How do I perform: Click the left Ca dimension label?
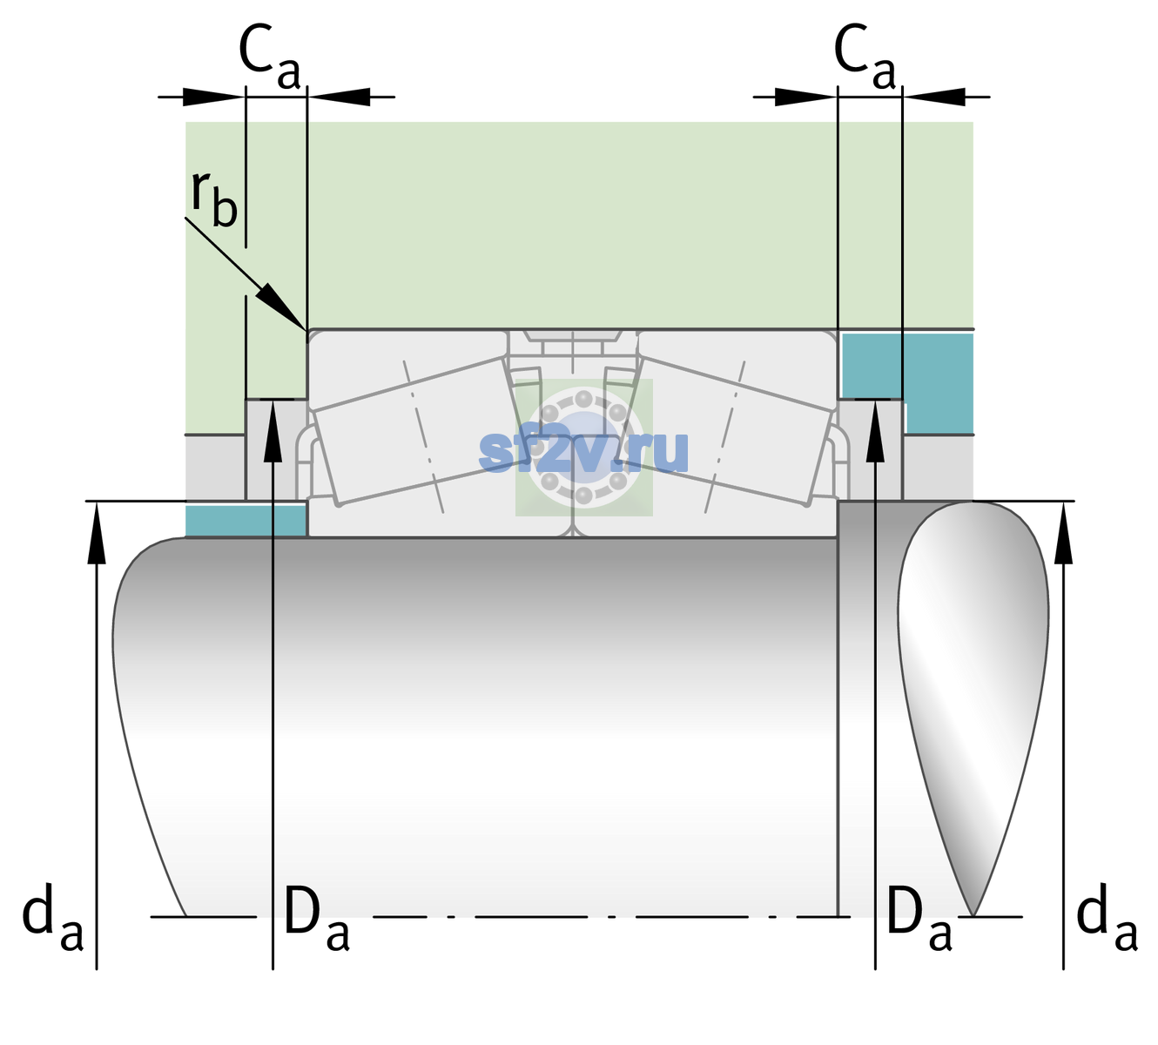pos(270,57)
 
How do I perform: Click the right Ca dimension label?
pos(865,57)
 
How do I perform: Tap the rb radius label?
pos(214,199)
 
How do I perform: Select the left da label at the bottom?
pos(52,924)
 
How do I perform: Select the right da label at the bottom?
pos(1108,924)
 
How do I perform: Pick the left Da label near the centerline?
pos(317,925)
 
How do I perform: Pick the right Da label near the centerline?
pos(919,925)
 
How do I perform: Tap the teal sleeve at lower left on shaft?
pos(246,520)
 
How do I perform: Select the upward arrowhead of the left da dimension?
pos(97,532)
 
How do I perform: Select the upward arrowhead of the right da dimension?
pos(1063,532)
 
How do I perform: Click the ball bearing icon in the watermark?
pos(583,448)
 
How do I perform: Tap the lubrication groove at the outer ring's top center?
pos(573,335)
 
